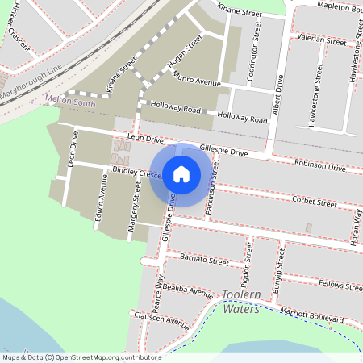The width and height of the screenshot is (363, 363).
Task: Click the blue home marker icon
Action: (181, 173)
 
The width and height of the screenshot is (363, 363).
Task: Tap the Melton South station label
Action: (71, 103)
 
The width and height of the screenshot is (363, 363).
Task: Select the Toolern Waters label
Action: (242, 302)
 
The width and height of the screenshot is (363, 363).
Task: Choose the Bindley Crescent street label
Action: (138, 173)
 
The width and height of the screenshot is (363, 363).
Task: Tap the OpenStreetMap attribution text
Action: (81, 357)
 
